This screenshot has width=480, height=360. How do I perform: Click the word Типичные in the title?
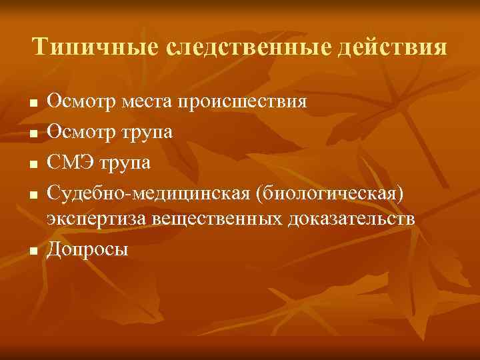[x=90, y=48]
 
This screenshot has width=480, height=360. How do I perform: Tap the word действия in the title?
[x=397, y=48]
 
